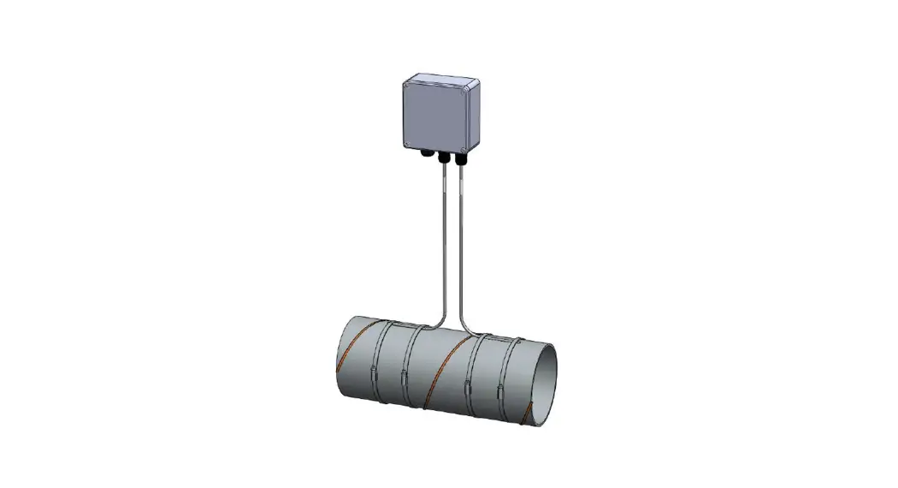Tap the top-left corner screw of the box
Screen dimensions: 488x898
coord(408,84)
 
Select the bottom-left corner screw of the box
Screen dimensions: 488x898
coord(409,142)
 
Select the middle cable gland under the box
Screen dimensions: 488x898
coord(443,158)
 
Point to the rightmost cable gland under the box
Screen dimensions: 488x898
coord(460,158)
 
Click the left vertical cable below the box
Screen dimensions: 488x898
coord(444,240)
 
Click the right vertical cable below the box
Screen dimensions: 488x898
coord(461,240)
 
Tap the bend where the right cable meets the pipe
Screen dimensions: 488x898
coord(470,325)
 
